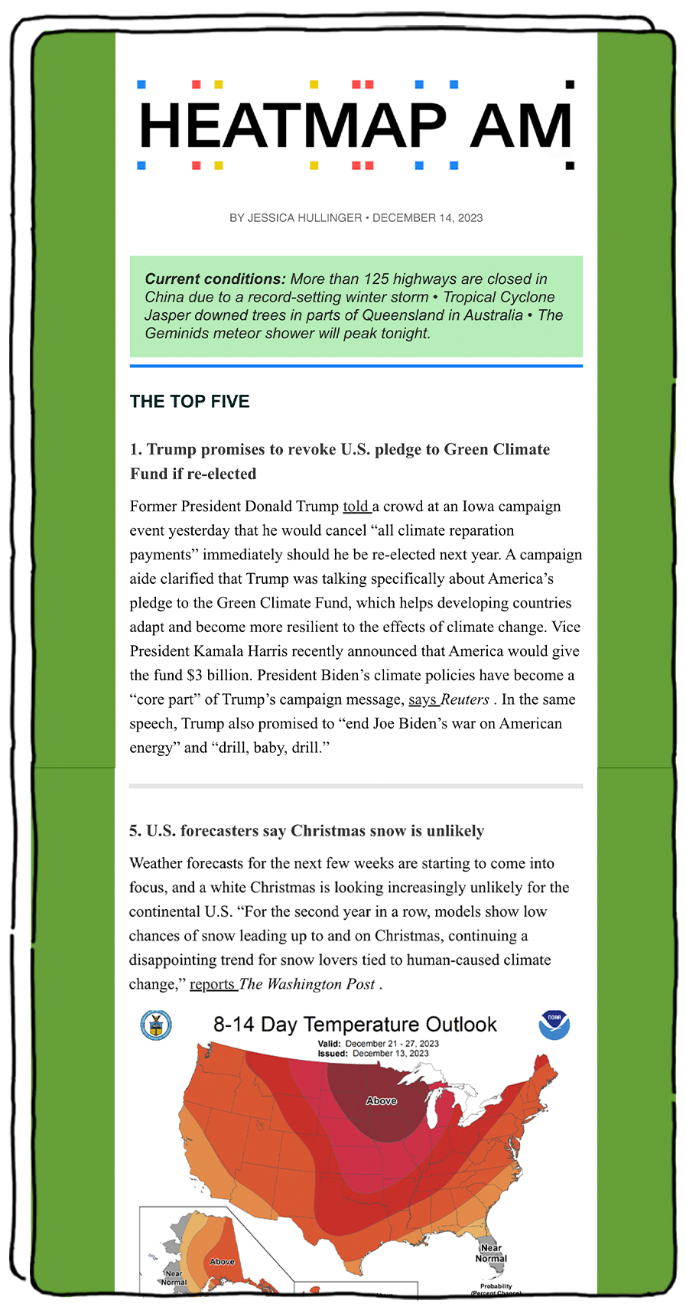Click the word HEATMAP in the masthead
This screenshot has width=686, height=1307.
[x=292, y=125]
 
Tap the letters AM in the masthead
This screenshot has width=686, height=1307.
[x=520, y=125]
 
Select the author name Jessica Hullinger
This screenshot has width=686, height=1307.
[x=304, y=218]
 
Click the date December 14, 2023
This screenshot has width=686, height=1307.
[x=428, y=218]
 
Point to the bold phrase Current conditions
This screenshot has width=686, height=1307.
[x=215, y=279]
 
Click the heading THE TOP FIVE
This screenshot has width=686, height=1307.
[x=190, y=402]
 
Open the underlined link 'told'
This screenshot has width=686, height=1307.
[x=356, y=507]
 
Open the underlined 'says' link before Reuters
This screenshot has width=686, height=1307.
[x=422, y=699]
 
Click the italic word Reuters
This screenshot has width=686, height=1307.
[x=465, y=699]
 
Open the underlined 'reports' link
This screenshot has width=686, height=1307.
[x=212, y=984]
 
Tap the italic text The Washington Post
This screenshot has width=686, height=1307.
[x=307, y=984]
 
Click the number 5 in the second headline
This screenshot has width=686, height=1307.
[x=135, y=831]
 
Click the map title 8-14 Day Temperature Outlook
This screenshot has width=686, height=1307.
[x=355, y=1025]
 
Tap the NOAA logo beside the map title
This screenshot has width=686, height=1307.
[x=554, y=1025]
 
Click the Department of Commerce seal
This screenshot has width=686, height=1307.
[x=156, y=1025]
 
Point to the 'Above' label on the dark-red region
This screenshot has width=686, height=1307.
[x=381, y=1100]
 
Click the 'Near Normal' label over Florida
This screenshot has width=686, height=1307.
[x=491, y=1253]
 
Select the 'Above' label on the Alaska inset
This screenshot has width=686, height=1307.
[x=223, y=1261]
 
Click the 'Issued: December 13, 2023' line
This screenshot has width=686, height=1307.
[x=373, y=1054]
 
